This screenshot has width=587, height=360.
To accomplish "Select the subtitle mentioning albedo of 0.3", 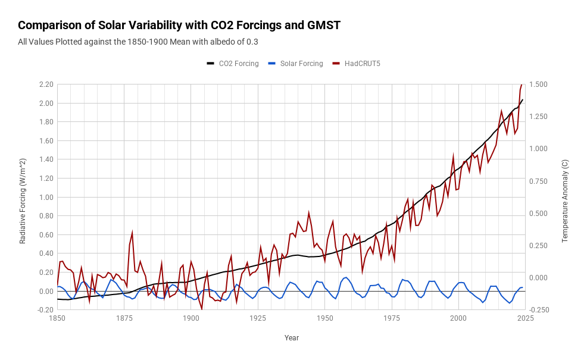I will (x=138, y=42).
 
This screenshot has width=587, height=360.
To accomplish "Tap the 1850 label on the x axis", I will (x=57, y=319).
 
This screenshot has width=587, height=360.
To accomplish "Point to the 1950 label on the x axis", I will (x=324, y=319).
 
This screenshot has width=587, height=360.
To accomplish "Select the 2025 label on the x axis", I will (x=525, y=319).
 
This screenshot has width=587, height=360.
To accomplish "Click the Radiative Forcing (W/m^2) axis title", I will (x=23, y=201).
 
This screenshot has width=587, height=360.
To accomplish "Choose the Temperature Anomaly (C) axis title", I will (x=565, y=201).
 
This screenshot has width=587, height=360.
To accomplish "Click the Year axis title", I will (x=291, y=338).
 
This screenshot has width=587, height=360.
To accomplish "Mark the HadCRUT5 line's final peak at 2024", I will (x=522, y=85).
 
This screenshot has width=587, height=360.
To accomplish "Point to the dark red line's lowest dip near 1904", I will (x=202, y=309).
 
